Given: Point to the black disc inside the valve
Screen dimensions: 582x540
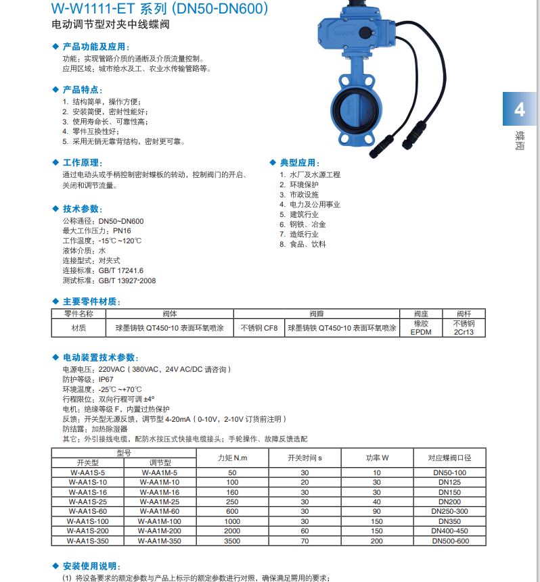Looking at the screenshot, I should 356,112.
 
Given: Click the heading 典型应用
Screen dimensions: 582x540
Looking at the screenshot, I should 300,163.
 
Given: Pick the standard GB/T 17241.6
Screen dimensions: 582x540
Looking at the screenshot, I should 121,270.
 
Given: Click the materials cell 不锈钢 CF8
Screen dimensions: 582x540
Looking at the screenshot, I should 259,328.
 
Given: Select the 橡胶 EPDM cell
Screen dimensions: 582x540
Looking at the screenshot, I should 421,328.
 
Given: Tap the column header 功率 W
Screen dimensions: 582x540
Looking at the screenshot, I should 377,458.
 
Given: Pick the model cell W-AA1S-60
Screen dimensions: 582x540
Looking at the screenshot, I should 88,511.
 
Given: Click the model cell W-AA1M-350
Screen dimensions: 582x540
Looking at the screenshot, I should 159,541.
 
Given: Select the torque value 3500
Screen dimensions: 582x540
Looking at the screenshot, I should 232,541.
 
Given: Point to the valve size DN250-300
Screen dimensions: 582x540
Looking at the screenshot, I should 450,511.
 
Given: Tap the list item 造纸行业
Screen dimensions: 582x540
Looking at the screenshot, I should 304,234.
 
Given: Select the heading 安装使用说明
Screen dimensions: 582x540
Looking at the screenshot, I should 91,565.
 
